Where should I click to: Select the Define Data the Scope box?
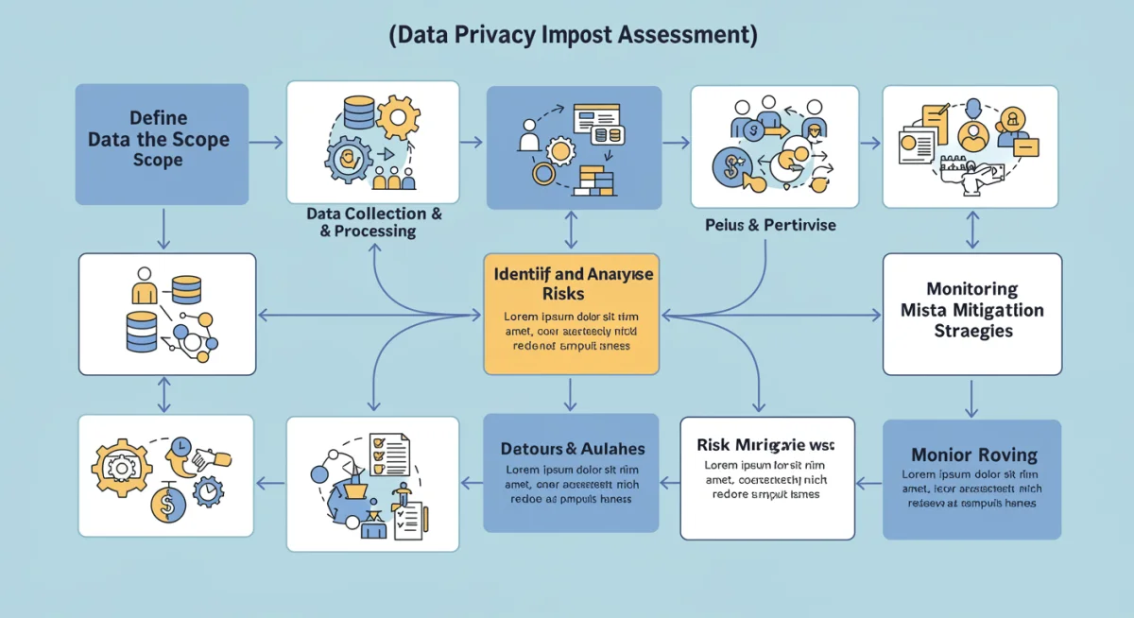coord(162,144)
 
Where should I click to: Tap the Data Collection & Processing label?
coord(373,223)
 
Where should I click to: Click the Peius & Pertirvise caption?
coord(770,226)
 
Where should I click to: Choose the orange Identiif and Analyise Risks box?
coord(571,314)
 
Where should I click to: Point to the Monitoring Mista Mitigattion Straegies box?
coord(971,314)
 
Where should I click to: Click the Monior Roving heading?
coord(973,455)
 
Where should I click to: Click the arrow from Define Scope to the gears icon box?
coord(266,143)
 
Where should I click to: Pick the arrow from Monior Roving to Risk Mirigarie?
coord(868,483)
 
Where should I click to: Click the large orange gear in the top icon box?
coord(398,117)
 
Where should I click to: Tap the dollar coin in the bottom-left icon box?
coord(168,506)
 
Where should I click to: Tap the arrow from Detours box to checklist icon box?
coord(471,483)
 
